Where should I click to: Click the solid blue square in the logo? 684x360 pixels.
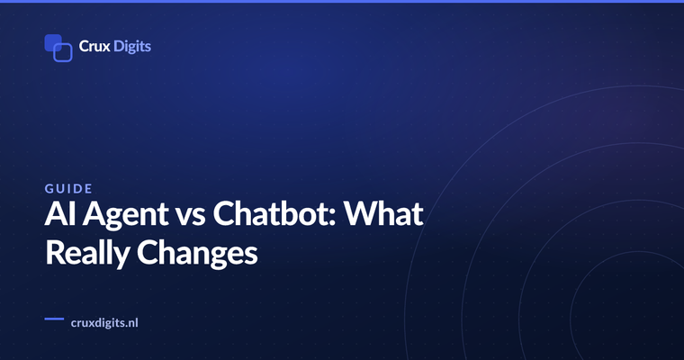click(x=52, y=42)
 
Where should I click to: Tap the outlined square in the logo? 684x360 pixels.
click(x=63, y=52)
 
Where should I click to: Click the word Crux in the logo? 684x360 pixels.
click(x=94, y=46)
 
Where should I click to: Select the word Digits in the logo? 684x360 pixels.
click(x=132, y=47)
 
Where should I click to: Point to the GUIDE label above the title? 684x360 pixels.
click(x=69, y=188)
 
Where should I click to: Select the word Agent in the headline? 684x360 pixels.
click(x=126, y=216)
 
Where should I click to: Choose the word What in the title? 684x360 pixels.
click(x=383, y=213)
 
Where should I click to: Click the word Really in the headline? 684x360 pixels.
click(x=87, y=255)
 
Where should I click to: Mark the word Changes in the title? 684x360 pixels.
click(x=198, y=255)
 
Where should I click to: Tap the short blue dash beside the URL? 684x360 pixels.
click(x=54, y=319)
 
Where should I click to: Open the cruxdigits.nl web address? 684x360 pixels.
click(x=104, y=323)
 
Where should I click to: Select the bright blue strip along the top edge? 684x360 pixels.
click(x=342, y=1)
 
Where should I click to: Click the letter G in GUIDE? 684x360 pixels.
click(x=49, y=188)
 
